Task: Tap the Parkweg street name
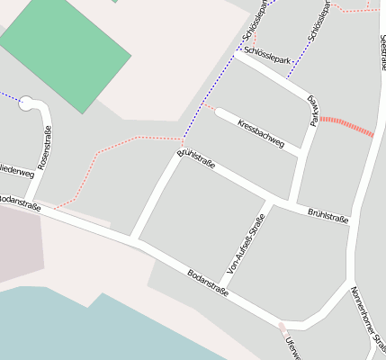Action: [x=313, y=109]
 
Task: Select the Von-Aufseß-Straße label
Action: [x=246, y=243]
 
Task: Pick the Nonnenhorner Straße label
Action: [x=369, y=319]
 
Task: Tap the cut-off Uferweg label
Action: [x=290, y=348]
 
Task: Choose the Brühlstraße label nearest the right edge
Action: [x=328, y=215]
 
